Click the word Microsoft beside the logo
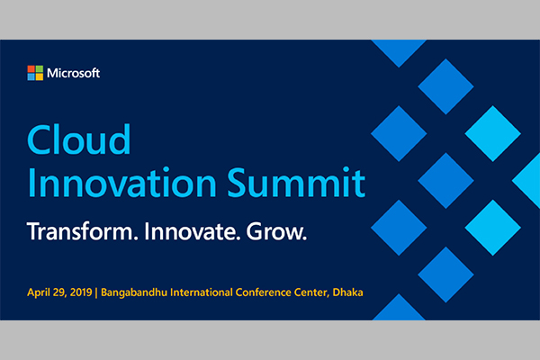(74, 73)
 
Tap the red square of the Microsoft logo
(31, 69)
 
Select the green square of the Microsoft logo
(40, 69)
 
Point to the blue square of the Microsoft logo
(31, 76)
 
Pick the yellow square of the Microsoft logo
(40, 76)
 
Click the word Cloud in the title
(79, 139)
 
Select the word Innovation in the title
(122, 182)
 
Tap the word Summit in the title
(296, 182)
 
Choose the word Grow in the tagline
(276, 231)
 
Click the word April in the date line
(39, 292)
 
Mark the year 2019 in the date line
(81, 292)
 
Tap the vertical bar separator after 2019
(96, 292)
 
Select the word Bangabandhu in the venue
(134, 292)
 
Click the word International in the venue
(202, 292)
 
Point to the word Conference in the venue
(264, 292)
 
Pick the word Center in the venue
(311, 292)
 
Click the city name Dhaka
(347, 292)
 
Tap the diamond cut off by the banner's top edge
(399, 50)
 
